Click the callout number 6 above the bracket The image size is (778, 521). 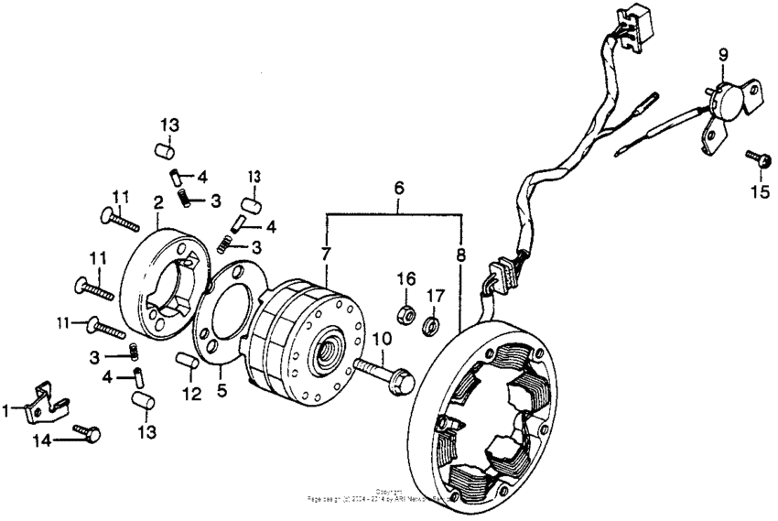click(x=398, y=188)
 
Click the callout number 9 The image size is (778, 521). click(x=722, y=56)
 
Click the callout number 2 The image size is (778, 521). click(x=158, y=203)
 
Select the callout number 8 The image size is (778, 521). click(x=459, y=253)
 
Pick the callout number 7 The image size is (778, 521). click(x=325, y=253)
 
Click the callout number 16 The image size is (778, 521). click(x=405, y=277)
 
